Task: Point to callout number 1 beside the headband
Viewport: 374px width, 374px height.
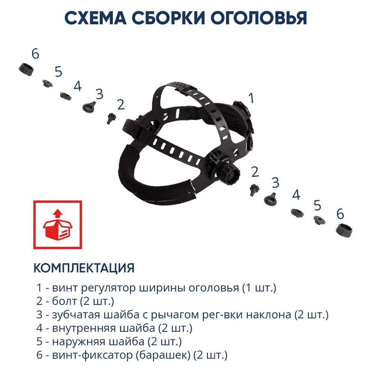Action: coord(251,98)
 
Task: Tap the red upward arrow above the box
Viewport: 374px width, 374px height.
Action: coord(57,214)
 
